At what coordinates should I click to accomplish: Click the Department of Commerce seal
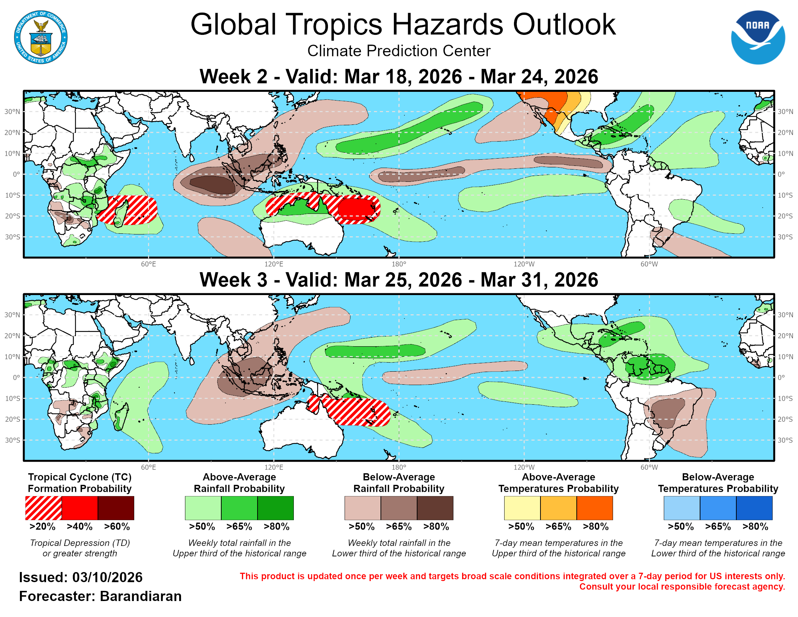click(x=41, y=37)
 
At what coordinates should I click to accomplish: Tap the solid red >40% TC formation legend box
click(x=80, y=508)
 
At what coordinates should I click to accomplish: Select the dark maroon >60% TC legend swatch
click(x=116, y=508)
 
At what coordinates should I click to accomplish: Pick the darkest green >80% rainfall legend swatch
click(x=276, y=508)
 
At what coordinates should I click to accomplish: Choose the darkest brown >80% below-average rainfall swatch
click(x=435, y=508)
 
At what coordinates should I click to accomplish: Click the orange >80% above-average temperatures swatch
click(x=595, y=508)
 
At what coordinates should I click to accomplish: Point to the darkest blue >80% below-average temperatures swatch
click(x=754, y=508)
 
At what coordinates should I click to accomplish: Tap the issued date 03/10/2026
click(x=107, y=577)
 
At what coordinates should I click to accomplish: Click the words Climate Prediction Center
click(x=399, y=51)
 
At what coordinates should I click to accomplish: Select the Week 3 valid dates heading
click(x=399, y=280)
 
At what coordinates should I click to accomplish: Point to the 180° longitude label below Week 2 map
click(x=399, y=264)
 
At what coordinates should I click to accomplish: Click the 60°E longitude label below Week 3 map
click(x=148, y=467)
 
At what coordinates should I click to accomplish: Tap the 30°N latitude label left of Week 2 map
click(x=12, y=111)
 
